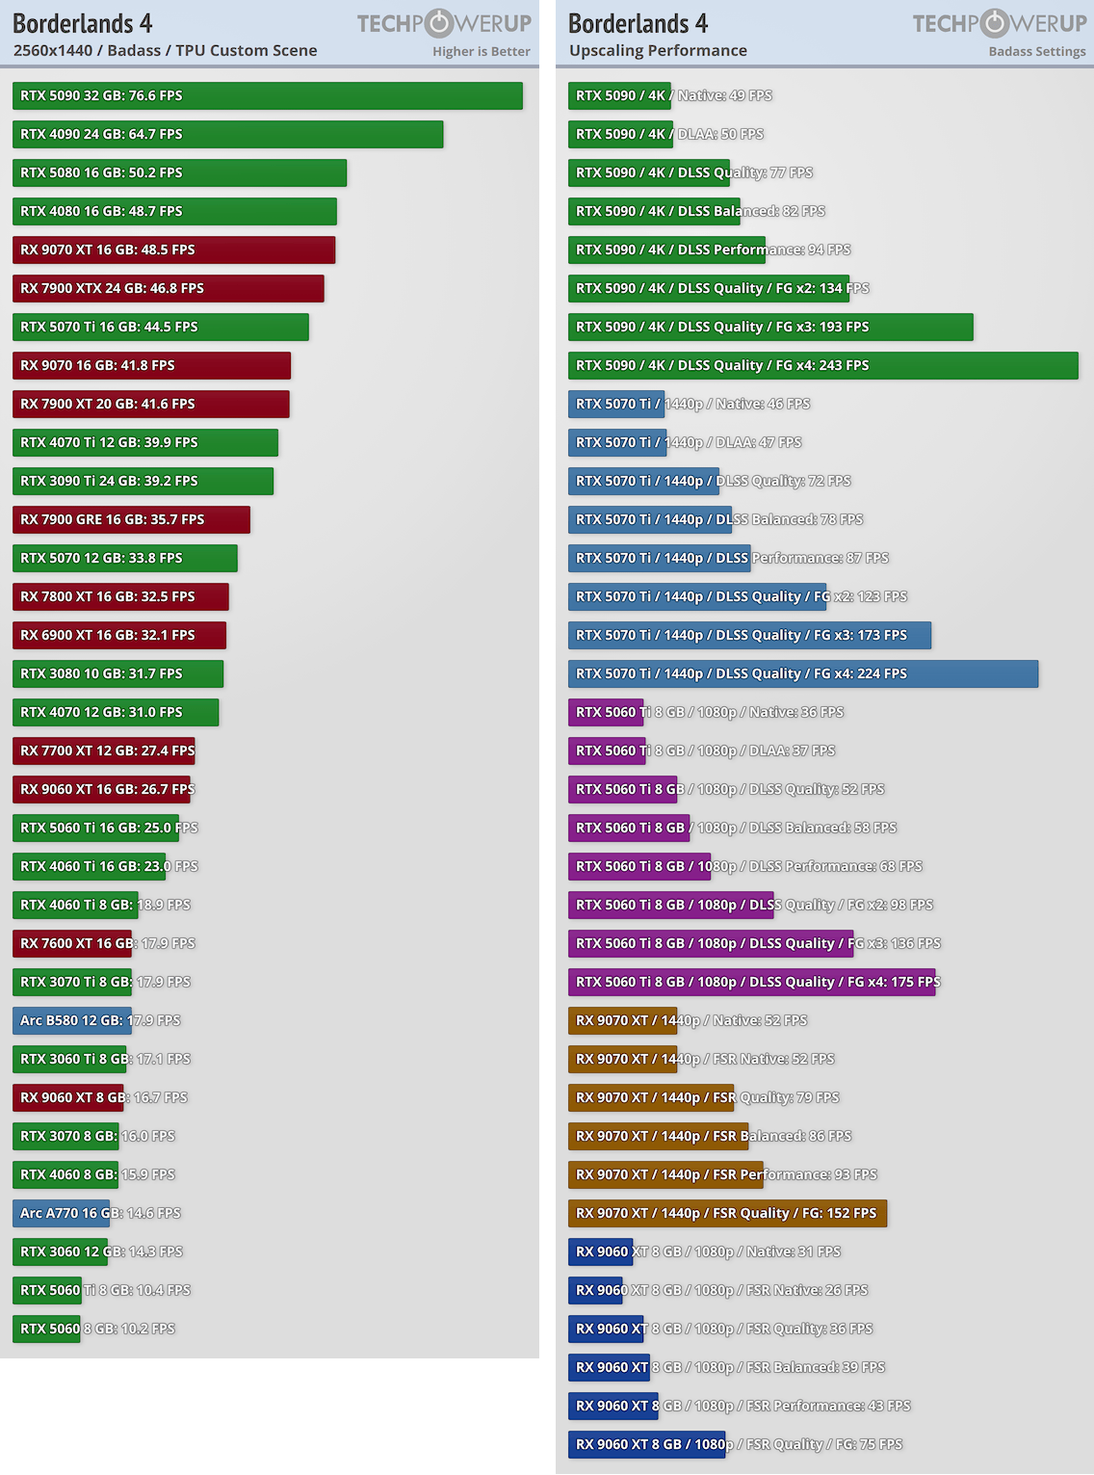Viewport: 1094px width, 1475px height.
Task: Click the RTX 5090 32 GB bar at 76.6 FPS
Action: click(x=267, y=95)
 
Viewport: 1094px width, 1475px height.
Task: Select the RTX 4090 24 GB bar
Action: click(x=227, y=134)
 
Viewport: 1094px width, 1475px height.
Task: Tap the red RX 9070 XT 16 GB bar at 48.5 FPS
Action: click(x=173, y=250)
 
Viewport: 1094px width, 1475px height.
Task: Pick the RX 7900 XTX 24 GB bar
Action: click(x=168, y=288)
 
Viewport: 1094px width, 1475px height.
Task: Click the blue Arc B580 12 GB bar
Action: click(x=71, y=1020)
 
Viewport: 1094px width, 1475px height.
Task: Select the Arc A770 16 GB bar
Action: click(x=61, y=1213)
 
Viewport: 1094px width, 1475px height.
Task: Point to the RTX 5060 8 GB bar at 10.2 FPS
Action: click(x=46, y=1329)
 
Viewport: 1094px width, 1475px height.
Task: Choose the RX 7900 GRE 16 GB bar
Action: click(x=131, y=519)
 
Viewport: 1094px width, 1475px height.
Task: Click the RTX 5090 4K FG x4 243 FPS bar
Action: click(x=822, y=365)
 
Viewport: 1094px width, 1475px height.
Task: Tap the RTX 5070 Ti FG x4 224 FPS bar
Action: click(x=802, y=673)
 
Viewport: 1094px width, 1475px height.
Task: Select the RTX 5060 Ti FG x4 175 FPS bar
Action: click(x=751, y=982)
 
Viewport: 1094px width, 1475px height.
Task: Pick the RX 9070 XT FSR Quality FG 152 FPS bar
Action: click(x=727, y=1213)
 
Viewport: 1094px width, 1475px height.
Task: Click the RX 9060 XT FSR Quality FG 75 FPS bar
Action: click(x=646, y=1444)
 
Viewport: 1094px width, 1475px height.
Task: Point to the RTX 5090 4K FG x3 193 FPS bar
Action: click(x=770, y=327)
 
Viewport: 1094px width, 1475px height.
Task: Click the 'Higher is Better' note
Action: click(x=481, y=51)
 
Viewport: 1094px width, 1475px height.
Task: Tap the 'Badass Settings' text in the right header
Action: click(x=1036, y=51)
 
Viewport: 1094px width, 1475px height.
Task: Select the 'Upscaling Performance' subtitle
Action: click(x=658, y=50)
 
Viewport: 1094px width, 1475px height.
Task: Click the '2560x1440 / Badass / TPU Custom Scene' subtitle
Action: click(x=165, y=50)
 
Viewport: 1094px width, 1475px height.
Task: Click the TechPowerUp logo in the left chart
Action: click(x=444, y=23)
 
